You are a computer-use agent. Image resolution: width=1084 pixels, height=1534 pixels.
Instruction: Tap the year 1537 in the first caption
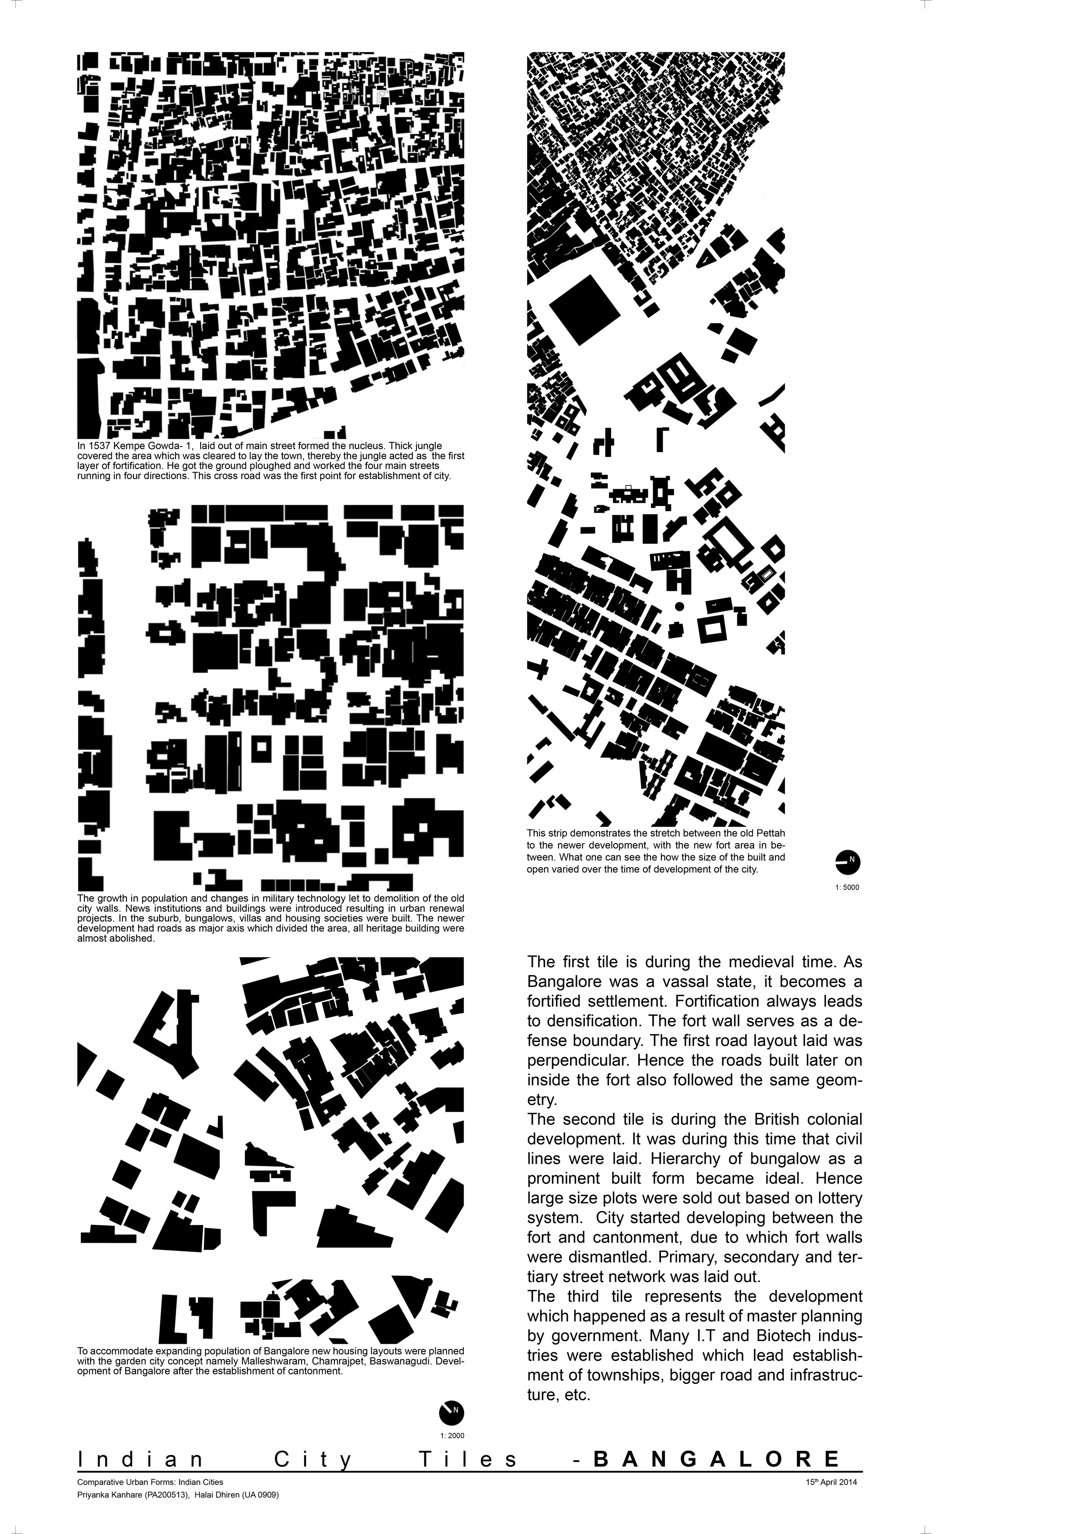click(x=97, y=446)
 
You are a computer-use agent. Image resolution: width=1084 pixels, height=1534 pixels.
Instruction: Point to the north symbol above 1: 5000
click(x=848, y=861)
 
